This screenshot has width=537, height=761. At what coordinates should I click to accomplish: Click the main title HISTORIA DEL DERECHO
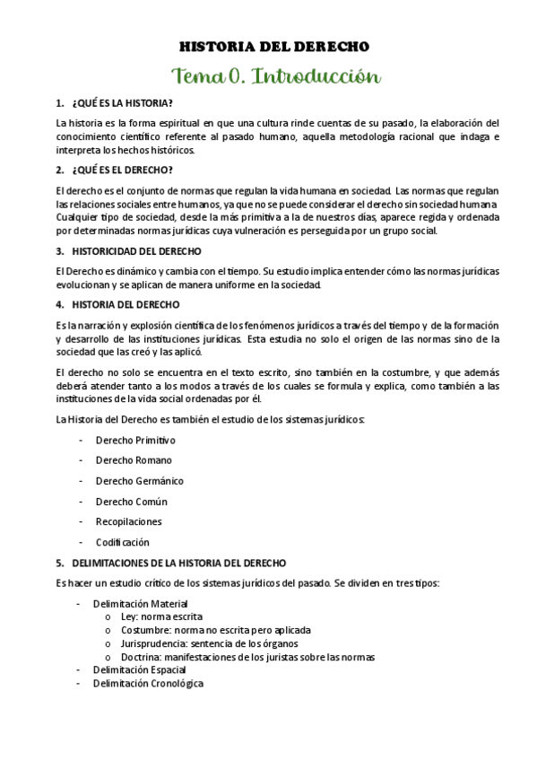click(274, 47)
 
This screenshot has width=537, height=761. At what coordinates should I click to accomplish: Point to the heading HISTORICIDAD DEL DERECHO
click(136, 251)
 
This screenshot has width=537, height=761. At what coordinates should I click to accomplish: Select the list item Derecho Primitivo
click(135, 440)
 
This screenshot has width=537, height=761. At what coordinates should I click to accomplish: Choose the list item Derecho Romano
click(134, 460)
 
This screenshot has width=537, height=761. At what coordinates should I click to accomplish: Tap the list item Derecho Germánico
click(139, 481)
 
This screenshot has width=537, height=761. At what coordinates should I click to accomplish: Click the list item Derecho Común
click(131, 502)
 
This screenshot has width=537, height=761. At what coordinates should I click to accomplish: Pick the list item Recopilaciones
click(129, 521)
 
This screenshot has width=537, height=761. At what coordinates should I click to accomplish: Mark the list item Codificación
click(123, 542)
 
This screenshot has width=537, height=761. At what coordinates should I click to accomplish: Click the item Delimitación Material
click(141, 604)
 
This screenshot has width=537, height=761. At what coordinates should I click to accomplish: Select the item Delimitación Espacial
click(139, 669)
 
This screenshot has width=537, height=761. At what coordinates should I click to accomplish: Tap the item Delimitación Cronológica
click(148, 683)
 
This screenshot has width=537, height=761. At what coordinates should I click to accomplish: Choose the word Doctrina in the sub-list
click(141, 657)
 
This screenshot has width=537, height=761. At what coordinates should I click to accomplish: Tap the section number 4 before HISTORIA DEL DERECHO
click(58, 304)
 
